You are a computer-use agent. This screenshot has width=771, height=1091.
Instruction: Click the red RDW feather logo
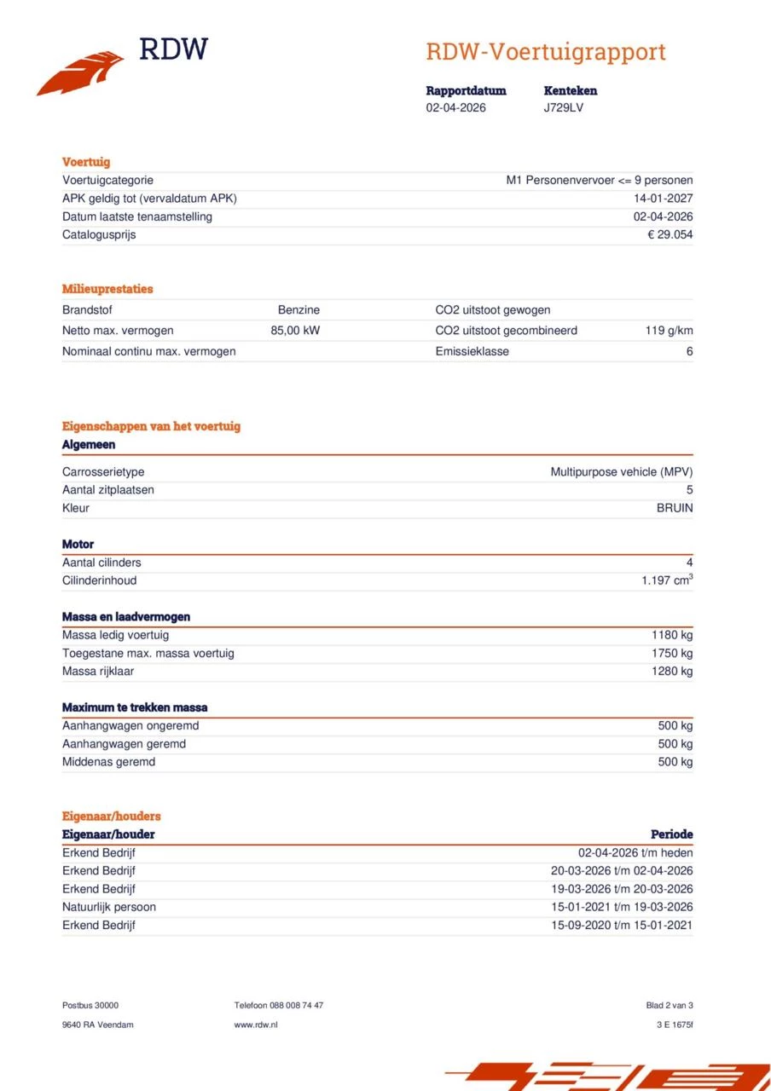click(x=80, y=72)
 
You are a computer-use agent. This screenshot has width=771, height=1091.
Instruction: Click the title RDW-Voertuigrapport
click(x=545, y=52)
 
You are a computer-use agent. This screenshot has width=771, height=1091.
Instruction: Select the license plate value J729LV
click(x=564, y=107)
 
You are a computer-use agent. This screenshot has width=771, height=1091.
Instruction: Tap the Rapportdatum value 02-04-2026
click(x=456, y=107)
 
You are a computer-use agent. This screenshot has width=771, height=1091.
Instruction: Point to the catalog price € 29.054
click(x=670, y=234)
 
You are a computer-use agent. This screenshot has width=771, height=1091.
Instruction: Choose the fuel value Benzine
click(x=299, y=310)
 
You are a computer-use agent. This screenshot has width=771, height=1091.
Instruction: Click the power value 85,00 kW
click(x=295, y=331)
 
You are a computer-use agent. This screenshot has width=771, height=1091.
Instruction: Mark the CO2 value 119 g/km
click(x=669, y=331)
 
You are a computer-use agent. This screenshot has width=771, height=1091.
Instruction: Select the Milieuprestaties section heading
click(x=107, y=289)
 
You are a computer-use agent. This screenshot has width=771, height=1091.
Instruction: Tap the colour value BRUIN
click(x=674, y=508)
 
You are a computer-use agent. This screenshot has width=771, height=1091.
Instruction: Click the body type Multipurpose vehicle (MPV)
click(x=621, y=471)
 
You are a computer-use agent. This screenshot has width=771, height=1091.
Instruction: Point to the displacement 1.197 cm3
click(x=667, y=580)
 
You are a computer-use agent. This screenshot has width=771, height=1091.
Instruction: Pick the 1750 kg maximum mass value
click(x=672, y=653)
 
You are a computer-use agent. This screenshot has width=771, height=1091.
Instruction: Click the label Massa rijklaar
click(x=98, y=671)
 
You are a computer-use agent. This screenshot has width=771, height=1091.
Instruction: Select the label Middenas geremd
click(x=108, y=761)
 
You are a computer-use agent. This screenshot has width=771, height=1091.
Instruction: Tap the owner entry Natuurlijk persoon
click(x=109, y=907)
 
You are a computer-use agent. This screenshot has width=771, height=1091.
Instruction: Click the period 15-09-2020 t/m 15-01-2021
click(x=621, y=925)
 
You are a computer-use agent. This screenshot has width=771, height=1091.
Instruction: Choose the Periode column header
click(x=671, y=834)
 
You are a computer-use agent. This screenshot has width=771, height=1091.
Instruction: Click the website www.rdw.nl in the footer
click(x=256, y=1025)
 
